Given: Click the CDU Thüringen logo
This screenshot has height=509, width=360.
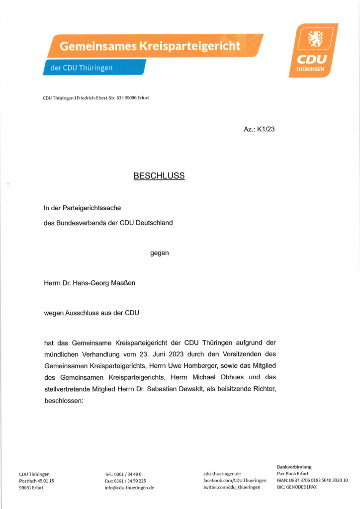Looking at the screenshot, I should (313, 50).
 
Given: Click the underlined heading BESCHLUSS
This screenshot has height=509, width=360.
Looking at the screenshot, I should (159, 176).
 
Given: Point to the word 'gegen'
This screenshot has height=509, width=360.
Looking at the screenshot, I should (160, 253).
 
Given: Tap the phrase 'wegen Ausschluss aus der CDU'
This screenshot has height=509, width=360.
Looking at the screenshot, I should (91, 313).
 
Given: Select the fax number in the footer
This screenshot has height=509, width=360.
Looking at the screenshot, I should (125, 481).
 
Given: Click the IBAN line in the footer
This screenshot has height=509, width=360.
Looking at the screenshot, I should (312, 480).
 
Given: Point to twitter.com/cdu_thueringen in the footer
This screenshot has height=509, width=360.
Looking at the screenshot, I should (232, 488).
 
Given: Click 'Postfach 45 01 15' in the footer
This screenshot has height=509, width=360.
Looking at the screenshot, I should (36, 481).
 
